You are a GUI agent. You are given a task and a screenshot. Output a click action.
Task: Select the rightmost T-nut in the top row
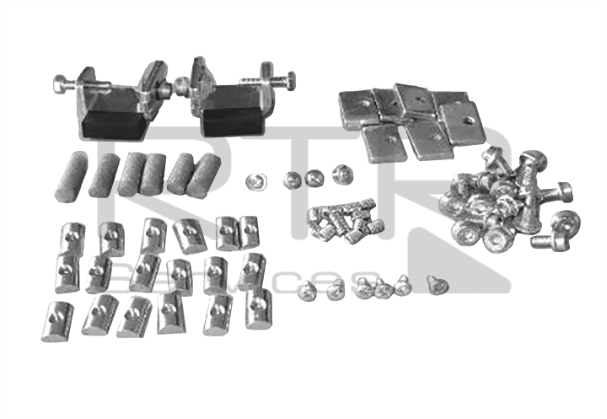[248, 233]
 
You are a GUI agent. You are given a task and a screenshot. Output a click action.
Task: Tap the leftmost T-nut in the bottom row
[58, 321]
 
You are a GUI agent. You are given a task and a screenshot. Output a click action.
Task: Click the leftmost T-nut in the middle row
[67, 272]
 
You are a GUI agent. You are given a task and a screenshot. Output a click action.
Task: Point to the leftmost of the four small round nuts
[256, 181]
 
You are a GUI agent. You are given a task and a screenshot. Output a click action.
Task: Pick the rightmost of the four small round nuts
[341, 175]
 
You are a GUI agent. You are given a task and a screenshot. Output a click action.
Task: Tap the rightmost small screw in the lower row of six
[435, 284]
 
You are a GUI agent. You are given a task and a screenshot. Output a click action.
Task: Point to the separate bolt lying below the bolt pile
[555, 231]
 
